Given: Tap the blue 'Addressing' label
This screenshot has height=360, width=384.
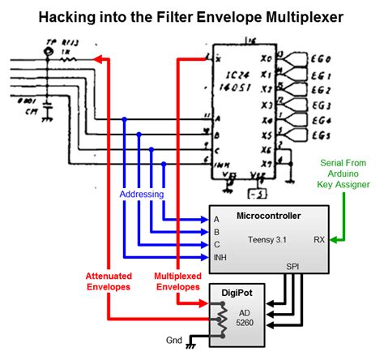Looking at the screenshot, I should pyautogui.click(x=142, y=195).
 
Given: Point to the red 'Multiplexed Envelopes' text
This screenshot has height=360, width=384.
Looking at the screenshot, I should pyautogui.click(x=177, y=281).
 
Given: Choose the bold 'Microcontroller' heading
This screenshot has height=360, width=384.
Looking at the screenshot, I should pyautogui.click(x=270, y=216).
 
